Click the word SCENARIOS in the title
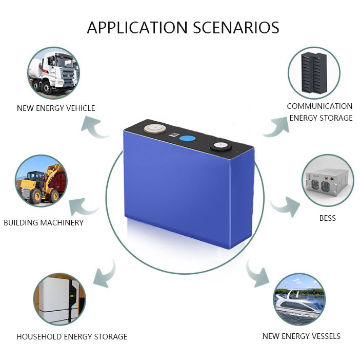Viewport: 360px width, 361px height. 236,28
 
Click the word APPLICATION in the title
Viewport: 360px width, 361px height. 137,28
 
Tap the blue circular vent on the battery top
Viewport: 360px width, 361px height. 187,139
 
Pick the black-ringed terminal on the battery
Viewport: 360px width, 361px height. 220,146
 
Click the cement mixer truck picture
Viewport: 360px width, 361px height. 54,73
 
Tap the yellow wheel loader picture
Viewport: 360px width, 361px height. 42,181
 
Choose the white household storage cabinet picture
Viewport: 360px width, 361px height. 59,299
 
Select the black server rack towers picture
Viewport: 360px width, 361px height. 314,73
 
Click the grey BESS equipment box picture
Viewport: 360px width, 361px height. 328,181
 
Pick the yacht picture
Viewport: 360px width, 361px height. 299,299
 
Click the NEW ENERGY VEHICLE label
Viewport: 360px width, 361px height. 56,108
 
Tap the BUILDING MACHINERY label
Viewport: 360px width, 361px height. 44,223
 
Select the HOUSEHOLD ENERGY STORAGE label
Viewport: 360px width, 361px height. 72,336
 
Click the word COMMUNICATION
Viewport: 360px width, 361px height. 319,106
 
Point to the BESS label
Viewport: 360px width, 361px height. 328,218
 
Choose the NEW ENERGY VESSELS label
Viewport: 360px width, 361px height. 302,336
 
